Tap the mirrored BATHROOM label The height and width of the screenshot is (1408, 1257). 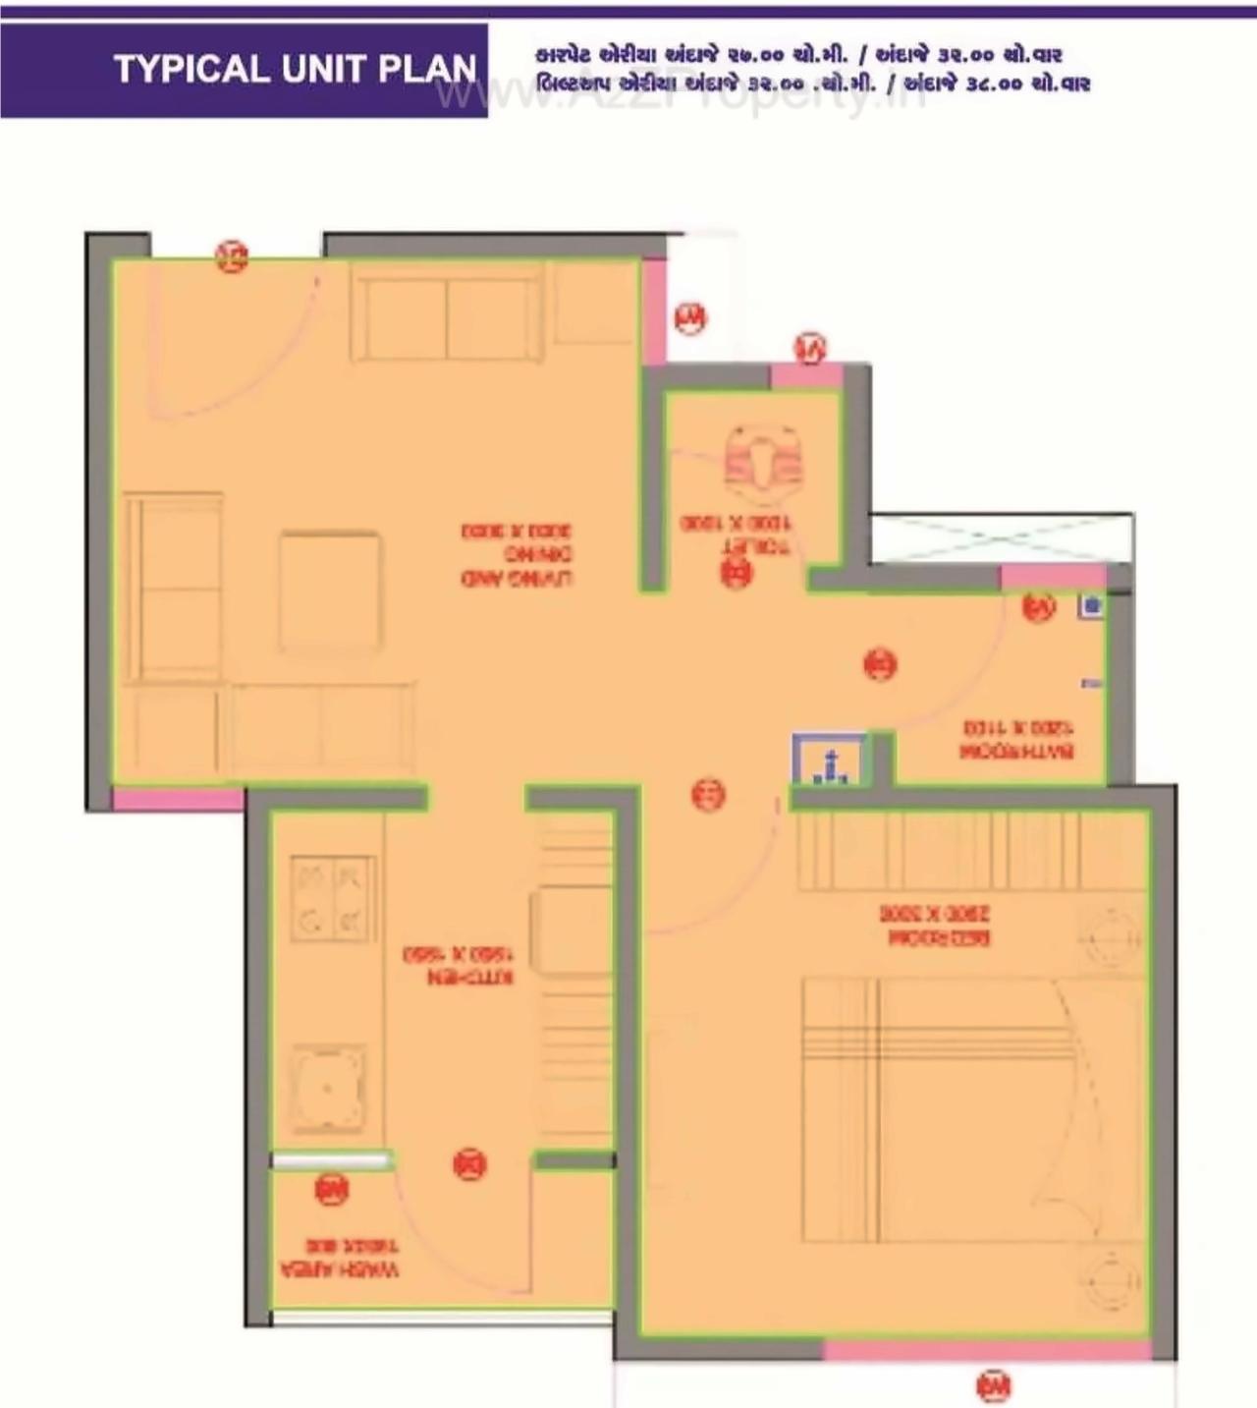[x=1016, y=740]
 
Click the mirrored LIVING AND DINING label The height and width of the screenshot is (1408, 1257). [x=517, y=554]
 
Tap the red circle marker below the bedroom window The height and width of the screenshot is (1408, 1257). [x=994, y=1385]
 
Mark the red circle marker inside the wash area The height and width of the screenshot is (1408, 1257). [x=331, y=1189]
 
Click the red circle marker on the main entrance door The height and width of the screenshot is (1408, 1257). [x=232, y=256]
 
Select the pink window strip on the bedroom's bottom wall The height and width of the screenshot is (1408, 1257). [x=986, y=1350]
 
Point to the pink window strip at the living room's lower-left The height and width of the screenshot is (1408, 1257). [x=177, y=798]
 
